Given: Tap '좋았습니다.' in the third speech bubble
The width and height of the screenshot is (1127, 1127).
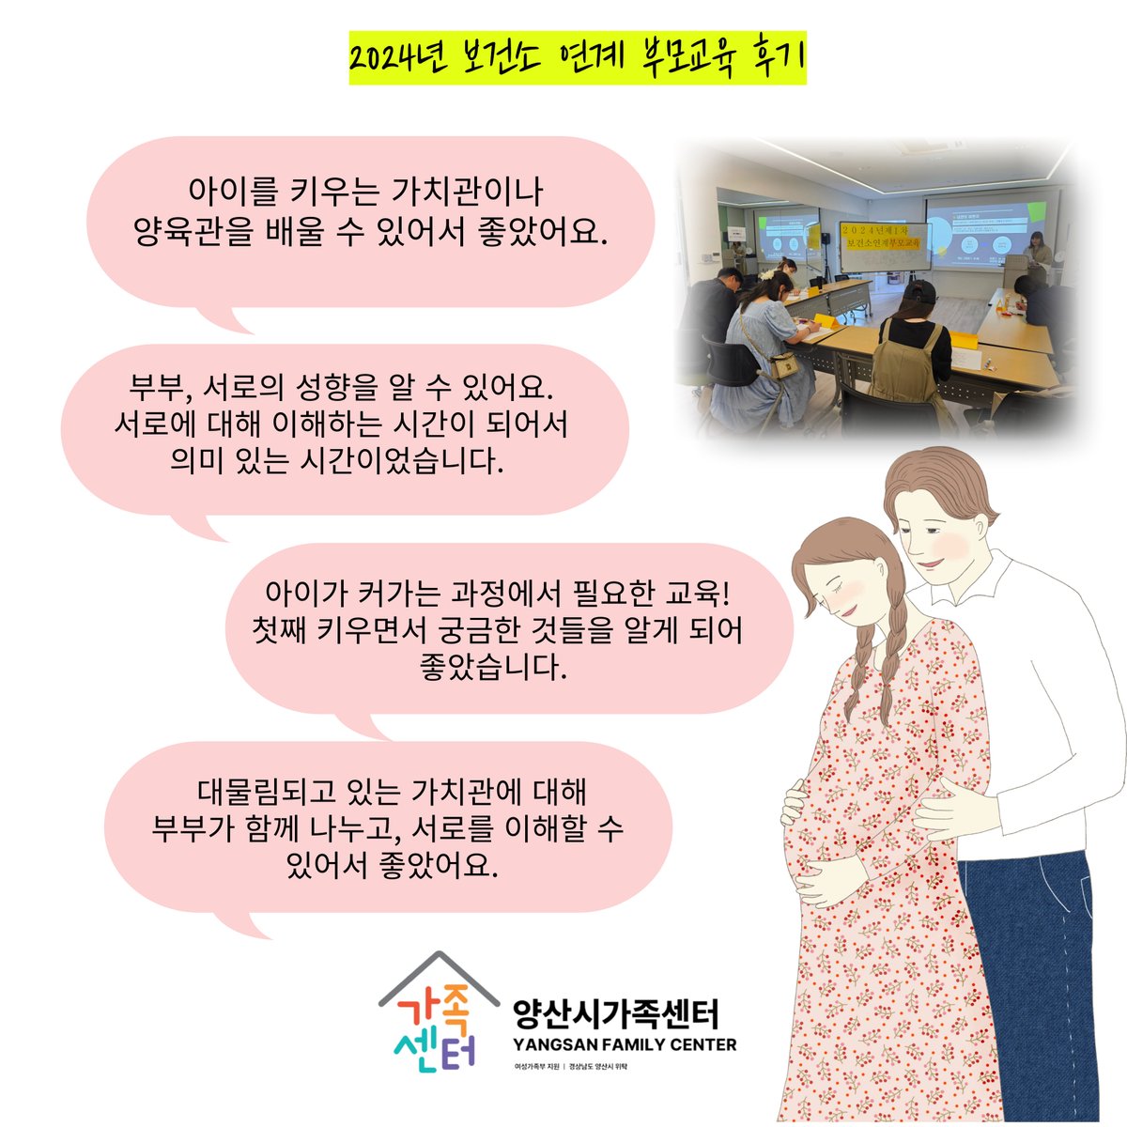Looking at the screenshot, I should click(494, 670).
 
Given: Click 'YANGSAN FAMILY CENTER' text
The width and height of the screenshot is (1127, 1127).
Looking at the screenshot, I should click(625, 1044).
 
